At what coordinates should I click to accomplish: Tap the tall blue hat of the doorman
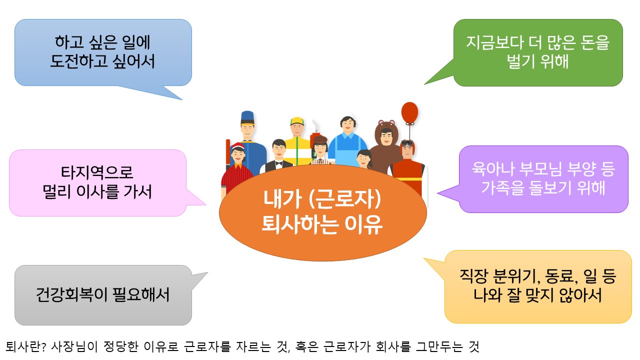[x=247, y=117]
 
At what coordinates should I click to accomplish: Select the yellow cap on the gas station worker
[x=297, y=121]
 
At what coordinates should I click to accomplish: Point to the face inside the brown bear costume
[x=386, y=137]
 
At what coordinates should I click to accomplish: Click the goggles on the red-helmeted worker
[x=406, y=143]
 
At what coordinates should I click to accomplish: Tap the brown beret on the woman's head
[x=320, y=139]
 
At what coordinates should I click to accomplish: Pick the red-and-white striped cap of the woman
[x=237, y=146]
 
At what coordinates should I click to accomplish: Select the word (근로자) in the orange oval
[x=345, y=199]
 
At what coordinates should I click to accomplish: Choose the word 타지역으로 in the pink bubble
[x=97, y=172]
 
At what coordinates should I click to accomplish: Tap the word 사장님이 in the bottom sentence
[x=74, y=347]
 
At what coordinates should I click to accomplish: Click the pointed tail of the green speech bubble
[x=424, y=84]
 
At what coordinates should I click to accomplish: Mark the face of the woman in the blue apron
[x=347, y=124]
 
